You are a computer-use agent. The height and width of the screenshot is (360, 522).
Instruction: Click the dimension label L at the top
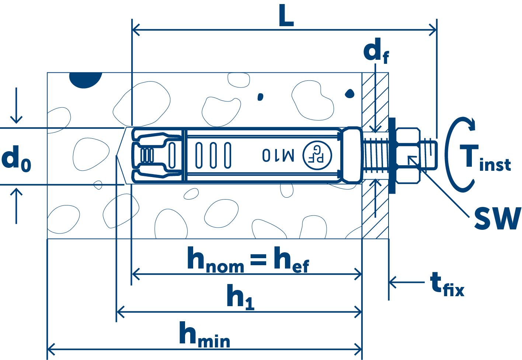click(286, 17)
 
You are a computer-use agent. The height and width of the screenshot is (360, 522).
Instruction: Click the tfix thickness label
click(446, 284)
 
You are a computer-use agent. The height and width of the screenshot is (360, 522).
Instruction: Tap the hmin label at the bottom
click(204, 335)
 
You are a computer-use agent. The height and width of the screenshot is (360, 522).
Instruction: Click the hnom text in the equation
click(215, 260)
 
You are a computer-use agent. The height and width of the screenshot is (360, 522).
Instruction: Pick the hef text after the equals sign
click(291, 260)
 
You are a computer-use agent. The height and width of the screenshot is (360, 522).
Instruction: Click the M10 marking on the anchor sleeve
click(278, 155)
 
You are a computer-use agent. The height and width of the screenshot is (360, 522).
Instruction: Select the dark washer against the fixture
click(392, 155)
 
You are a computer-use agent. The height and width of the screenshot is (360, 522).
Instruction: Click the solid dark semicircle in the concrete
click(86, 80)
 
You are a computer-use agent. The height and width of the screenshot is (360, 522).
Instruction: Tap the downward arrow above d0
click(16, 107)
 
